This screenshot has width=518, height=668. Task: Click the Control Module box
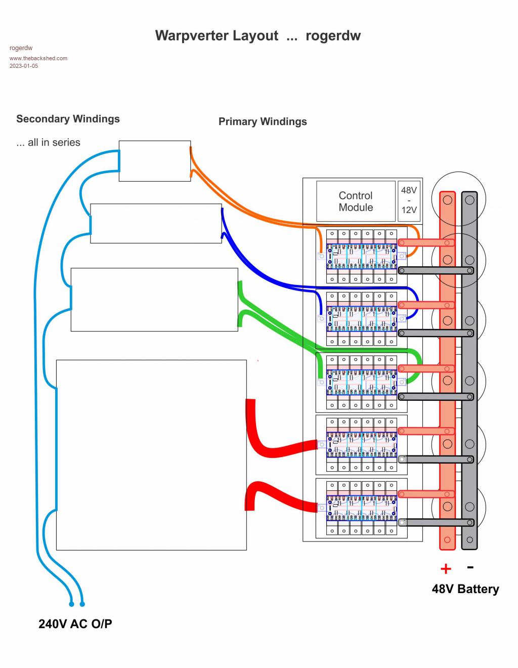(x=356, y=201)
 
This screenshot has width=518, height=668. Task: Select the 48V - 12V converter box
(x=409, y=200)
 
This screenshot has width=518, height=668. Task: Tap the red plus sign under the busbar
(x=446, y=569)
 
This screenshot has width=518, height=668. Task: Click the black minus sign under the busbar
(x=470, y=567)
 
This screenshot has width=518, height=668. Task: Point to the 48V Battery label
(x=465, y=589)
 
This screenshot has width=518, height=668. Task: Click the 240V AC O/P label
(x=75, y=624)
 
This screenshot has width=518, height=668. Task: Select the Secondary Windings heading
(x=68, y=119)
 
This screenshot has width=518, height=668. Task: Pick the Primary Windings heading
(x=263, y=121)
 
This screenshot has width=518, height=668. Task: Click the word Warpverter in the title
(x=217, y=35)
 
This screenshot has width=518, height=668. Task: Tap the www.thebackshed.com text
(x=38, y=58)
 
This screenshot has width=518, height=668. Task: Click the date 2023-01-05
(x=24, y=66)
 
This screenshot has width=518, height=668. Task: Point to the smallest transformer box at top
(x=155, y=161)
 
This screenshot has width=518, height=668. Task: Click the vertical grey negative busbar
(x=469, y=369)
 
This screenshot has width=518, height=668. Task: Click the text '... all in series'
(x=48, y=143)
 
